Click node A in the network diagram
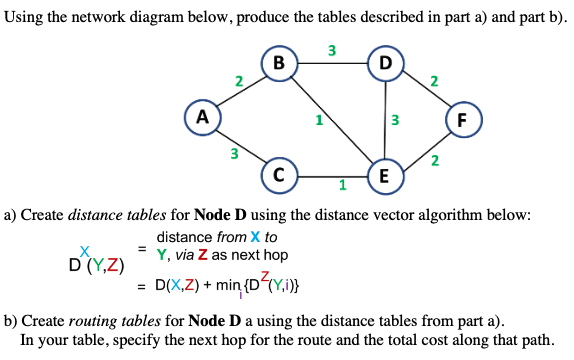pyautogui.click(x=201, y=116)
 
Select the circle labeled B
pyautogui.click(x=279, y=65)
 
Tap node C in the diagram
pyautogui.click(x=279, y=173)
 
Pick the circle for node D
pyautogui.click(x=385, y=65)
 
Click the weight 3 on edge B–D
pyautogui.click(x=331, y=51)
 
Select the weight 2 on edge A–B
pyautogui.click(x=236, y=80)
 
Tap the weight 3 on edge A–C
pyautogui.click(x=233, y=154)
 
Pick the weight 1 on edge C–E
pyautogui.click(x=342, y=185)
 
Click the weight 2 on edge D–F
pyautogui.click(x=432, y=80)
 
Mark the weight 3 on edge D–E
pyautogui.click(x=395, y=121)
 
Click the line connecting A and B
pyautogui.click(x=240, y=91)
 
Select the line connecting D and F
pyautogui.click(x=423, y=90)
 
